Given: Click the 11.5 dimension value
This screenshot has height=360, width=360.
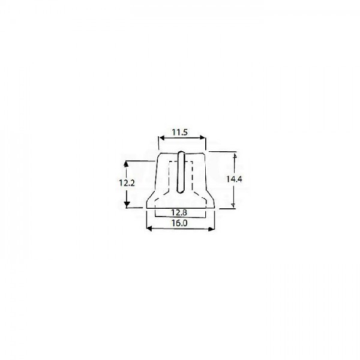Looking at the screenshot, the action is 180,132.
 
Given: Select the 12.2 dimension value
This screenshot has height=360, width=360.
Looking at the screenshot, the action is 127,183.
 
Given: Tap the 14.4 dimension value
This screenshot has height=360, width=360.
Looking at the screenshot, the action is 234,179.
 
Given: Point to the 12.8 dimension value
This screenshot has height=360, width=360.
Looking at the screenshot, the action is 179,212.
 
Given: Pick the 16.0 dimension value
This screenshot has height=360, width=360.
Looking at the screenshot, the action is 180,223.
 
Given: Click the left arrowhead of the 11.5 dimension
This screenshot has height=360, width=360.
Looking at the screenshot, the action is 162,137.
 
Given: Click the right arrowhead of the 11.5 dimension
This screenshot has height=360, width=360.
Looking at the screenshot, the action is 202,137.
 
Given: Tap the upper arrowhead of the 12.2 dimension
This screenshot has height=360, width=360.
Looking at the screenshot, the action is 126,164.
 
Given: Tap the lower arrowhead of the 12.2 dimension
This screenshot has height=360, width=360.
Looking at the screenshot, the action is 127,205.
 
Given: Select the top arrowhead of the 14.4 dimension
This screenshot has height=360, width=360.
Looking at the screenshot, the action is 235,156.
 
